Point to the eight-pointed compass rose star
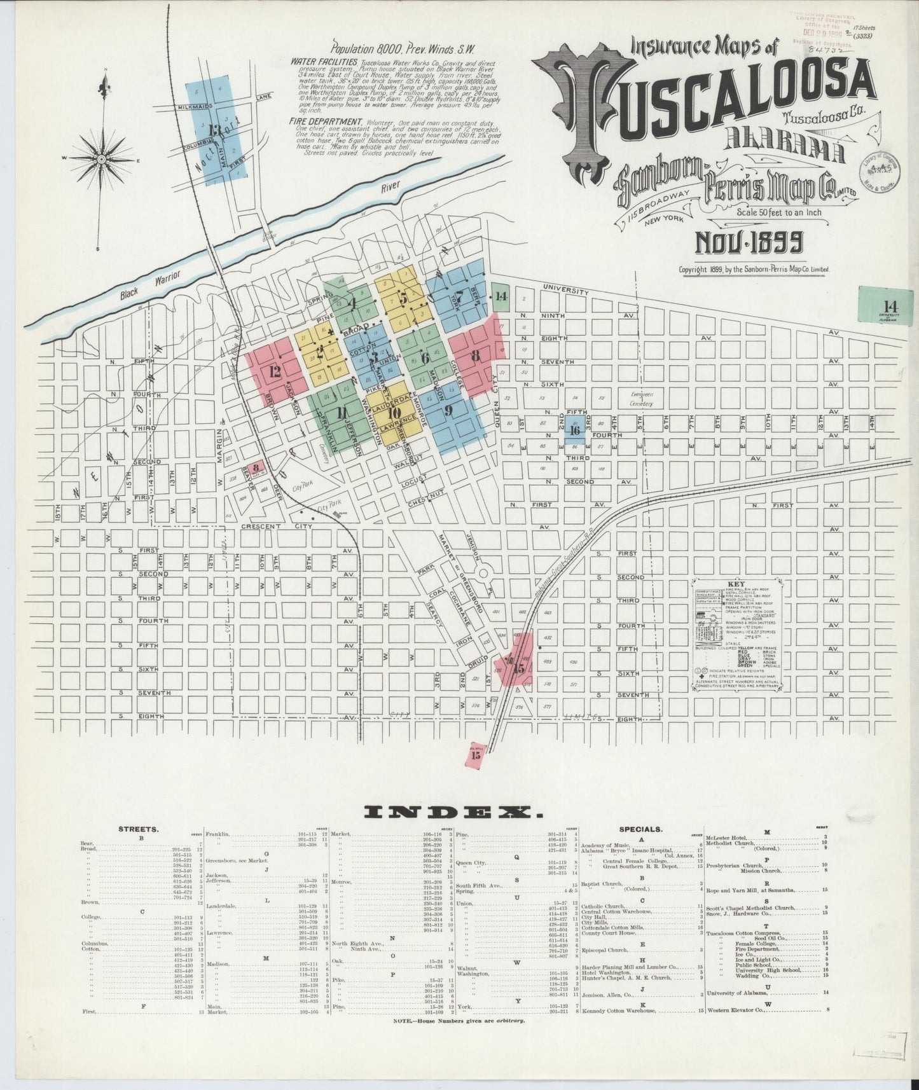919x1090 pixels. [x=102, y=159]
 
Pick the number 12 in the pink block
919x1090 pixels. [x=275, y=372]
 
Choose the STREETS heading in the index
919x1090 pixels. [x=139, y=829]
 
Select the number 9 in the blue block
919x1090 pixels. [x=448, y=410]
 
